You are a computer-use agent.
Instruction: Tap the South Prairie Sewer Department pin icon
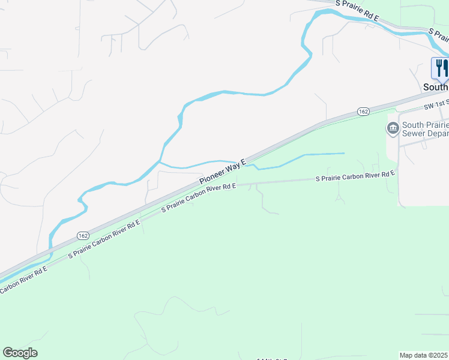(x=393, y=128)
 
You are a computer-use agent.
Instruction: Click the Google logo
(x=20, y=353)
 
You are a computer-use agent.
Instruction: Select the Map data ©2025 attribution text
(x=424, y=355)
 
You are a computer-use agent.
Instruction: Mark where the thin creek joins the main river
(x=159, y=161)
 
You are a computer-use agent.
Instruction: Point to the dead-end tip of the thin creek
(x=345, y=154)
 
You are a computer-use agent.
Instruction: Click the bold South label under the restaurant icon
(x=435, y=87)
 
